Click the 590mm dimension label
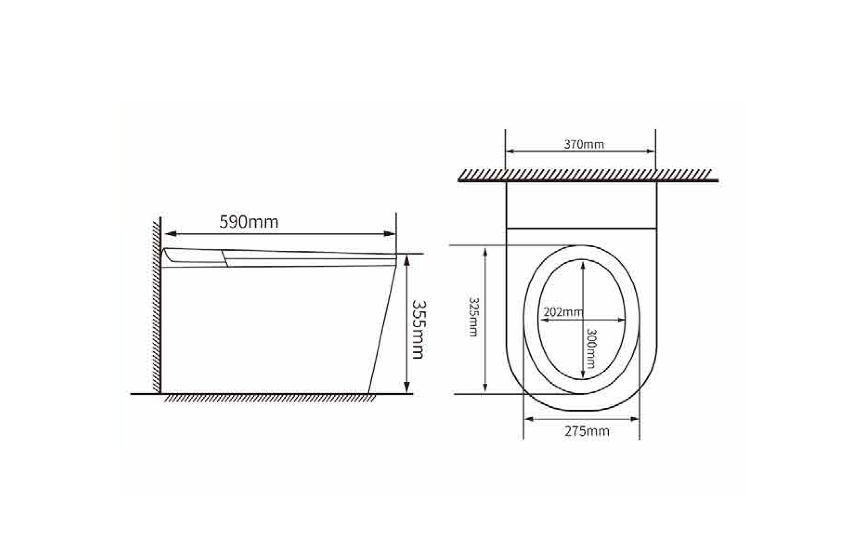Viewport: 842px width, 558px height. point(249,222)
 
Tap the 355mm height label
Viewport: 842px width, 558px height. point(418,330)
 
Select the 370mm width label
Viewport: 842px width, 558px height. point(584,144)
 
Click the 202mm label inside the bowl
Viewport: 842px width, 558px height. point(563,312)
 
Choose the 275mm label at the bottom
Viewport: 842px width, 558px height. point(587,431)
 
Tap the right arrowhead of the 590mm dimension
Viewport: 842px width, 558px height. point(389,234)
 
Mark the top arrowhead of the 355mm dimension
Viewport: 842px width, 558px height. point(407,261)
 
